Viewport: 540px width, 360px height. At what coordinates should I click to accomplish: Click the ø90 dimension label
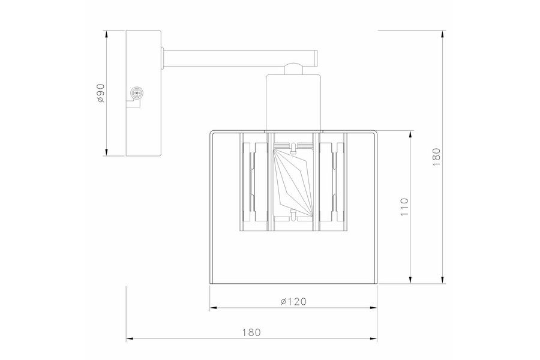coord(101,93)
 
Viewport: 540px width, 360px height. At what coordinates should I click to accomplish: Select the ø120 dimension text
coord(293,301)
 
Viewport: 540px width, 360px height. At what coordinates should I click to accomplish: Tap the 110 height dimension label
coord(404,206)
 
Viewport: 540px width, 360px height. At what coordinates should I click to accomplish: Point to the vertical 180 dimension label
coord(436,157)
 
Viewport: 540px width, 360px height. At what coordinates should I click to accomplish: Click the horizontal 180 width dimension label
coord(251,332)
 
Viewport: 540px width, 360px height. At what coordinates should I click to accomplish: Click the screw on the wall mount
coord(137,93)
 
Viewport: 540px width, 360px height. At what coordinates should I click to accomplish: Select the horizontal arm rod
coord(240,58)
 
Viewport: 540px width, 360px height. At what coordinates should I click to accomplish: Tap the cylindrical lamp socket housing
coord(294,103)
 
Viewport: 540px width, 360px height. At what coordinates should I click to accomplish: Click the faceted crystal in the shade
coord(293,180)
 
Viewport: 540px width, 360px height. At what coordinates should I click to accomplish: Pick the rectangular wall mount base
coord(143,94)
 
